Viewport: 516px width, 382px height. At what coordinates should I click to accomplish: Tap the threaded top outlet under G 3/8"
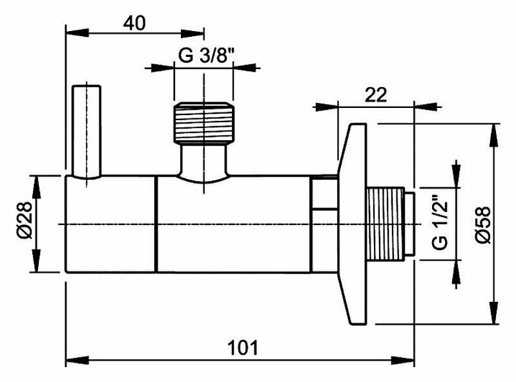(x=203, y=123)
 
